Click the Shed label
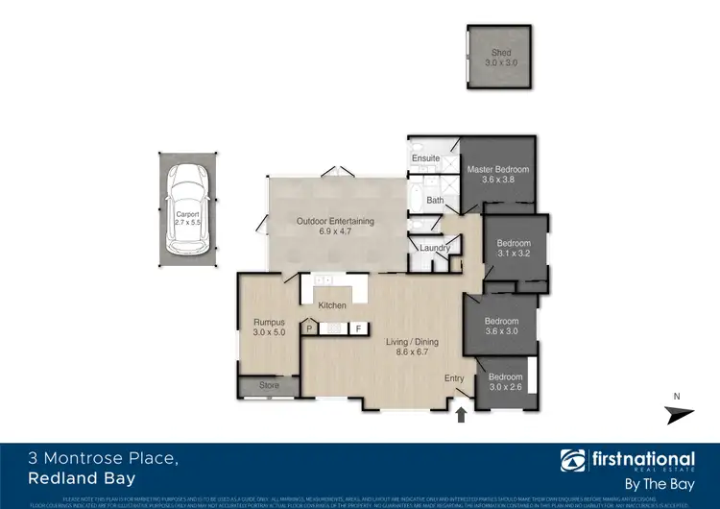497,54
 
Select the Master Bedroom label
497,170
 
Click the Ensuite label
425,158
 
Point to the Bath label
435,201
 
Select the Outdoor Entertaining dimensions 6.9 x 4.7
334,231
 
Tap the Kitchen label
332,305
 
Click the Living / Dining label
412,342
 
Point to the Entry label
454,378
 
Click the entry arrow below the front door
460,414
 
